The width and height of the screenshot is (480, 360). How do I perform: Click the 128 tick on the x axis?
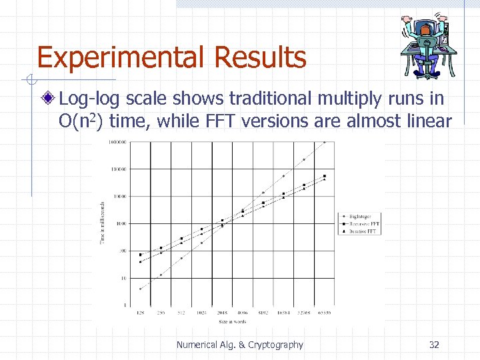point(140,312)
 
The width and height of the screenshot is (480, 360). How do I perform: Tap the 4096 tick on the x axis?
point(243,312)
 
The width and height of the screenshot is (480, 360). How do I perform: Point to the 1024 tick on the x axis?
point(201,312)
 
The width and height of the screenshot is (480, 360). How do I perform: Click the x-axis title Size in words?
point(232,321)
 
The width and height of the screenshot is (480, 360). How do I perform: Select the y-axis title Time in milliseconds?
point(103,222)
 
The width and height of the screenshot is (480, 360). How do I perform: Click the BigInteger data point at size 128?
point(140,289)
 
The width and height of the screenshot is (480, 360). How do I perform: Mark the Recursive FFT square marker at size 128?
point(140,255)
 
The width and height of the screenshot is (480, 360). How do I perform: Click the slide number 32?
point(434,345)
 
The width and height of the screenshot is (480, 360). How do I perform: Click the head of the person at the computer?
point(427,29)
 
